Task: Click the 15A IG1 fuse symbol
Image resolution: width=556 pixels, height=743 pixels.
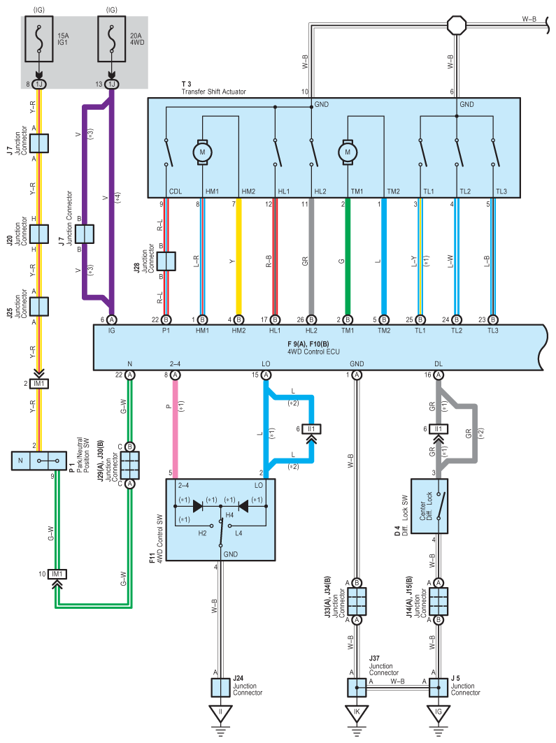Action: (x=39, y=39)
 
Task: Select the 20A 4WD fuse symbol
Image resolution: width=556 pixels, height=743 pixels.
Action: (x=111, y=39)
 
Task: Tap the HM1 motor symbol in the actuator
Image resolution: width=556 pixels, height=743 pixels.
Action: (x=202, y=152)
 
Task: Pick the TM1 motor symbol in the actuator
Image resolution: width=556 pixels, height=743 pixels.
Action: (x=348, y=152)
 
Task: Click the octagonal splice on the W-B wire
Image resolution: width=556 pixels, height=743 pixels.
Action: (x=457, y=24)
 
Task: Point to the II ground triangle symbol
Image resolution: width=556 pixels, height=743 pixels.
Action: (x=220, y=712)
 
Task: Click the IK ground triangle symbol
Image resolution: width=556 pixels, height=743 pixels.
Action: (x=357, y=712)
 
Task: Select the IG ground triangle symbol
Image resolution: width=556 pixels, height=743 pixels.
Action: (x=439, y=712)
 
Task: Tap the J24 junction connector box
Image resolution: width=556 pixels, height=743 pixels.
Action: (x=220, y=688)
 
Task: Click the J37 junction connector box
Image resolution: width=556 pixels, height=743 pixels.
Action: (x=357, y=688)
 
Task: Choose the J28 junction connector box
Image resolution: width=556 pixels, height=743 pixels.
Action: (x=166, y=261)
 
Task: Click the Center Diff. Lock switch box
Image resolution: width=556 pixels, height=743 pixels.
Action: (x=429, y=506)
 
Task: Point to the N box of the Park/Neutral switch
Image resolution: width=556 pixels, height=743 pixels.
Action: (x=20, y=461)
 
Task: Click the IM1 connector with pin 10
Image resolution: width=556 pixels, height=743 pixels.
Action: (x=57, y=575)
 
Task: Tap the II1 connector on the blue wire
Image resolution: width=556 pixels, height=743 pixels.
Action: (x=311, y=429)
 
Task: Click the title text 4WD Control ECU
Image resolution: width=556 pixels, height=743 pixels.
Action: (x=313, y=352)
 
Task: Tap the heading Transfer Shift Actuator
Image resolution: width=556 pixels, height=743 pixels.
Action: (x=214, y=92)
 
